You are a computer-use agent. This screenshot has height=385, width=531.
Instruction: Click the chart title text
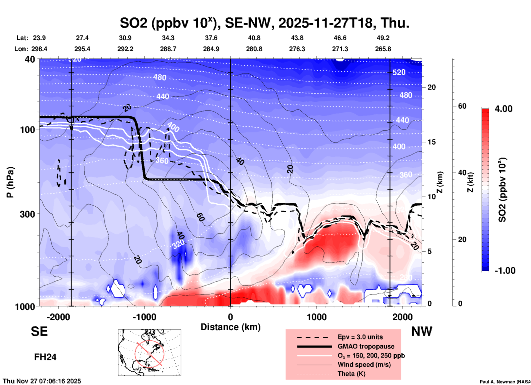264,23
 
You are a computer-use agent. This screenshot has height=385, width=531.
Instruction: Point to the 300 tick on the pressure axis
28,214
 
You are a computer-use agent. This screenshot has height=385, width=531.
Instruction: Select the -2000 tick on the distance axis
58,317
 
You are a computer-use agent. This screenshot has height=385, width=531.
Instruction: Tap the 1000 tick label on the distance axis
317,317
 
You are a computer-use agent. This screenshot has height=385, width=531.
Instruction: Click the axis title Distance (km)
230,327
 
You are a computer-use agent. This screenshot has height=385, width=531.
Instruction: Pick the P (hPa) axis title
10,182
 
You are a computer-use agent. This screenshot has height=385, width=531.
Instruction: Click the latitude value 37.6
211,38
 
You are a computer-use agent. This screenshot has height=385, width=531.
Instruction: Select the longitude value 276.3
297,49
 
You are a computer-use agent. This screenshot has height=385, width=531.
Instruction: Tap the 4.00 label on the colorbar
503,109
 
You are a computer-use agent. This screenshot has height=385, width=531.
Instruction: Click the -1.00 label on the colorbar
505,270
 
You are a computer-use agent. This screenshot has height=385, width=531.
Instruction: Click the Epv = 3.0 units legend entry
360,337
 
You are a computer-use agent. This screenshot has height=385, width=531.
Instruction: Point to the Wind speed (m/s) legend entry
364,365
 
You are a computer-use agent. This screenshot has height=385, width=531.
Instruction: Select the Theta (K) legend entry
351,374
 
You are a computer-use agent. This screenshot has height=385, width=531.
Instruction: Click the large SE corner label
39,331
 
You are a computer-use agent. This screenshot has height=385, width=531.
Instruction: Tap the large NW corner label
422,331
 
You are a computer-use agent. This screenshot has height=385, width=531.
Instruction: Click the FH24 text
45,357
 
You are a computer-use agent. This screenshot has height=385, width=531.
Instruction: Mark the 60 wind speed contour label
200,217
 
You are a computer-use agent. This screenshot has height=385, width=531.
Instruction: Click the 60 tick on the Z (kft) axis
462,106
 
